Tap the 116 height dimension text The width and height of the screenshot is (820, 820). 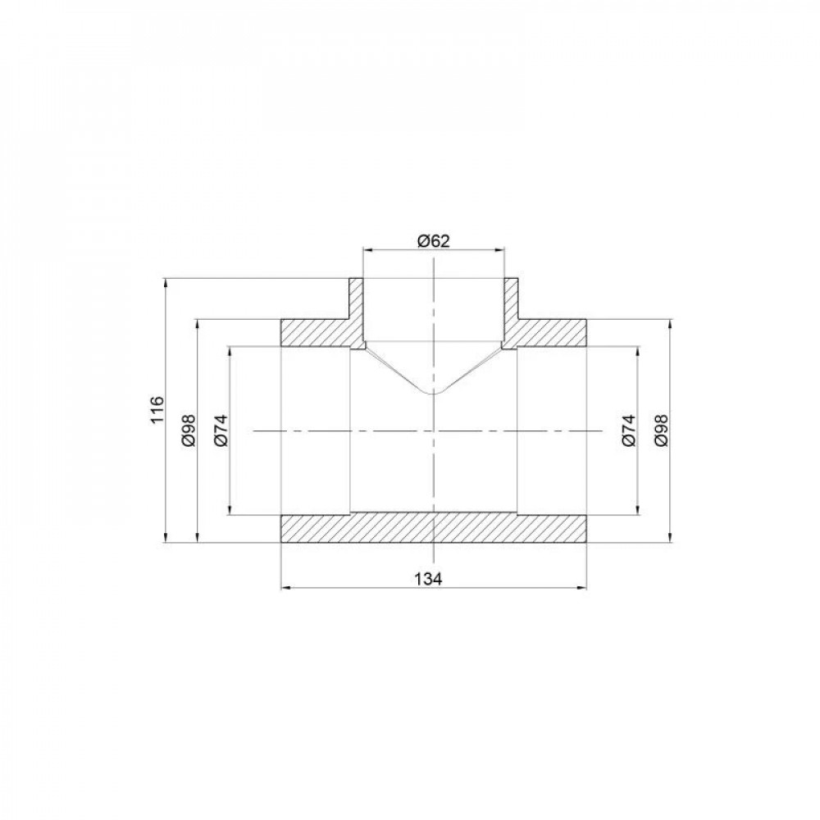158,410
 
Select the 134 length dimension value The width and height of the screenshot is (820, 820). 434,579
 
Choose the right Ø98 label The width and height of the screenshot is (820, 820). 663,430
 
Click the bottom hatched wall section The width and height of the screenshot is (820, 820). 434,529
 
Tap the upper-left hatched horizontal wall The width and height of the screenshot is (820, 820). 316,332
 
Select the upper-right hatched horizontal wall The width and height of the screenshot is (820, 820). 549,332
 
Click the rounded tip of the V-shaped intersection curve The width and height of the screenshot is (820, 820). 434,392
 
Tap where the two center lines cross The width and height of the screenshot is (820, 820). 434,430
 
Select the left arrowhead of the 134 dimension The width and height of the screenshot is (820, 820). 285,587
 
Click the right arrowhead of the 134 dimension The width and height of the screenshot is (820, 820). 582,587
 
